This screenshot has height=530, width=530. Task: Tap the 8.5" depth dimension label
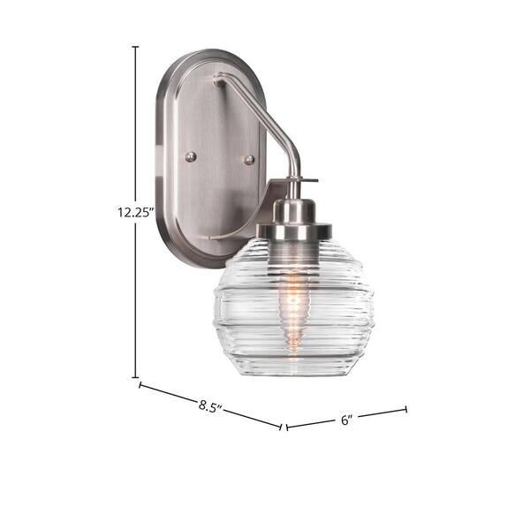tap(210, 406)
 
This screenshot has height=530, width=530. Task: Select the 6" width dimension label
tap(346, 420)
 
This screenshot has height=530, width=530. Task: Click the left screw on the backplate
tap(191, 157)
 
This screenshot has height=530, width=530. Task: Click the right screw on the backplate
tap(249, 160)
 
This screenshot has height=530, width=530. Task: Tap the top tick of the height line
tap(135, 47)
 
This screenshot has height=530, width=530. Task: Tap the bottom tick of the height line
tap(135, 377)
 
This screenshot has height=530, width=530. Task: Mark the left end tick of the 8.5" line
tap(140, 384)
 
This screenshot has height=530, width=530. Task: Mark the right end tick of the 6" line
tap(406, 409)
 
